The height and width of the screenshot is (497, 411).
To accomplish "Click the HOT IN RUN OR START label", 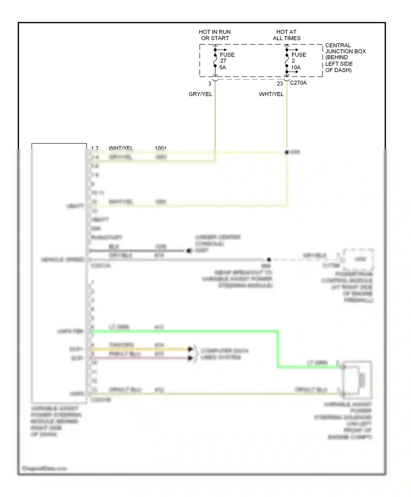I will click(215, 35).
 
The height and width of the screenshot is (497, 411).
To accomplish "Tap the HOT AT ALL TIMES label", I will click(286, 35).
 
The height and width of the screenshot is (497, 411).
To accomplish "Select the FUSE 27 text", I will click(227, 58).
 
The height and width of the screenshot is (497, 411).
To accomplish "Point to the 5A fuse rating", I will click(222, 67).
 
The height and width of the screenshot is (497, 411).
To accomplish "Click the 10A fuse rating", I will click(296, 67).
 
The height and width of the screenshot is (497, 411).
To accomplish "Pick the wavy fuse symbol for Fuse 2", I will click(287, 61).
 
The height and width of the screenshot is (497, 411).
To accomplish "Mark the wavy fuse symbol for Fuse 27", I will click(215, 61).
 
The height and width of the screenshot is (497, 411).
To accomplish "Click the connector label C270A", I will click(298, 83).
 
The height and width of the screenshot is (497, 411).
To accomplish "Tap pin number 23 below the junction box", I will click(280, 84).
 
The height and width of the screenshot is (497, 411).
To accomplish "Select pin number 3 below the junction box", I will click(210, 84).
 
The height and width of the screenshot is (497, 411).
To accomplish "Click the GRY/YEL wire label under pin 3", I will click(200, 94).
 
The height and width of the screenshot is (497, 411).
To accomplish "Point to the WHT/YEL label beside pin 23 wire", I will click(271, 94).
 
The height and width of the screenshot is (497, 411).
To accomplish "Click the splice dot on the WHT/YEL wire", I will click(287, 152).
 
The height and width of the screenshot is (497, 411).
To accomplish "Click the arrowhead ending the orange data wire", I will click(190, 349).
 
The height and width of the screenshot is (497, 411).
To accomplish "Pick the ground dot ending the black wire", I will click(189, 251).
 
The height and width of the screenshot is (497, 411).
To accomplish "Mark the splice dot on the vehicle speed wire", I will click(269, 259).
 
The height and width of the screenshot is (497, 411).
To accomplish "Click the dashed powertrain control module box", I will click(359, 259).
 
